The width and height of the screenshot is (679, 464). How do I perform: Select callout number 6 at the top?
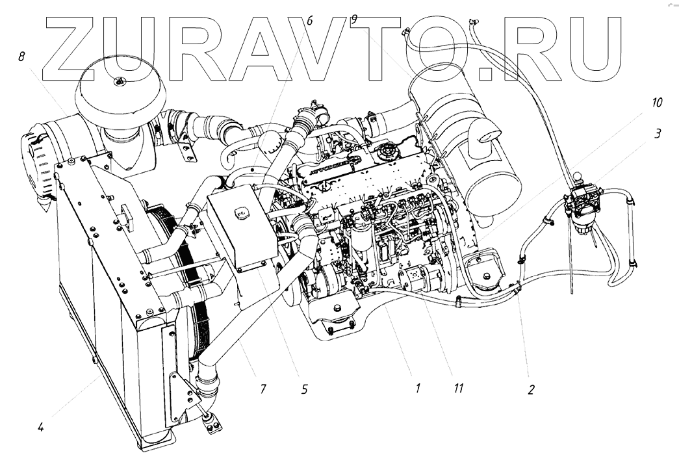[x=309, y=21]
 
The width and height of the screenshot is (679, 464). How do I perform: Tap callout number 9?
[x=353, y=20]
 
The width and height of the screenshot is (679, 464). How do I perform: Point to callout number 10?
[x=657, y=103]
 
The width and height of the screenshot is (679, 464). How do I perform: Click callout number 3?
[x=658, y=134]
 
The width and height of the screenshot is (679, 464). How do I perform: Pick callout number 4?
[x=40, y=428]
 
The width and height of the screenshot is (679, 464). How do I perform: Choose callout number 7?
[x=263, y=389]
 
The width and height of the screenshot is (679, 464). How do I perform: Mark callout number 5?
[x=305, y=390]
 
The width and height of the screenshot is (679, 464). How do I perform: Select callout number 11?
[x=459, y=389]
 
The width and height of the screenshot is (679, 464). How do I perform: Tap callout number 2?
[x=531, y=390]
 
